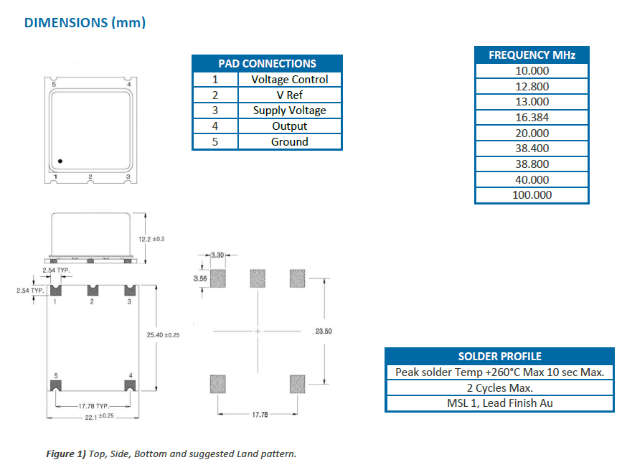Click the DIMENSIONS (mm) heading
click(85, 22)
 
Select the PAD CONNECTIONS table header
click(267, 63)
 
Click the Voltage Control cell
click(289, 79)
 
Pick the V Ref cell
click(289, 95)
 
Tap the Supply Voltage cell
click(289, 111)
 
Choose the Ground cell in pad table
click(289, 141)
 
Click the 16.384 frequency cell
click(532, 117)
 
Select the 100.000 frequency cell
click(532, 195)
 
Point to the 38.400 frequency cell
click(532, 149)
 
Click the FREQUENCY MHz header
click(532, 55)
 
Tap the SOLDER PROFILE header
click(499, 356)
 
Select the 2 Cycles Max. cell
click(499, 387)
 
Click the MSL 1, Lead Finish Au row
click(499, 403)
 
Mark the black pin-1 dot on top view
click(61, 161)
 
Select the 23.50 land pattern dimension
click(324, 332)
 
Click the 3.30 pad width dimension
click(218, 255)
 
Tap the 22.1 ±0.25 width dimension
click(91, 415)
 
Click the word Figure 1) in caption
click(66, 453)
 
